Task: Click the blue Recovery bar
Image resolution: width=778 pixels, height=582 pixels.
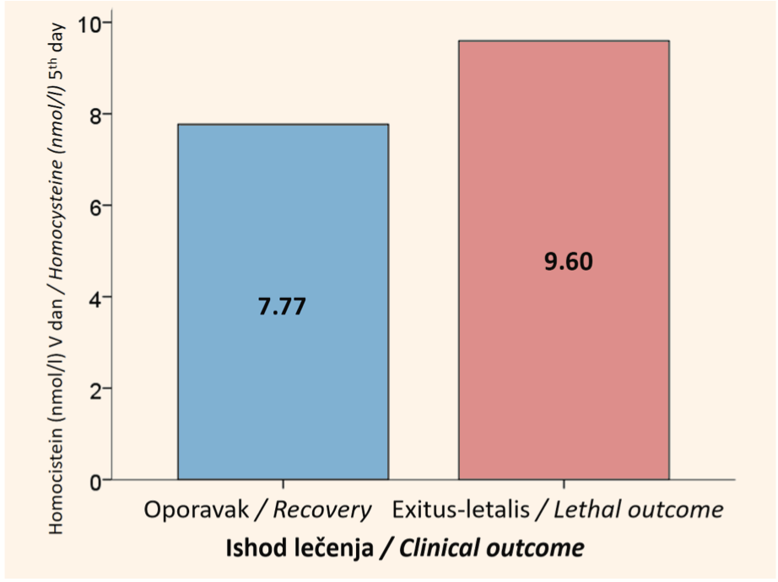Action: (x=283, y=302)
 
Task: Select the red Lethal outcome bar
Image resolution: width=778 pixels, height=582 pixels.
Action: (x=564, y=260)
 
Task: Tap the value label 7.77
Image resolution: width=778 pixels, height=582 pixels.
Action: (x=282, y=306)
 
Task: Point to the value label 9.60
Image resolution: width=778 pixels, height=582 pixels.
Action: (x=568, y=261)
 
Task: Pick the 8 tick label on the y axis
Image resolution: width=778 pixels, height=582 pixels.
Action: (x=95, y=115)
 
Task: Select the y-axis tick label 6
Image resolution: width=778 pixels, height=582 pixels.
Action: (x=95, y=206)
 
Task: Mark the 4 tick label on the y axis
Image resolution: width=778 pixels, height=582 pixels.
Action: (x=95, y=298)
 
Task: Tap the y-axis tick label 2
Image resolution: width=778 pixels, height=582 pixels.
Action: (x=95, y=389)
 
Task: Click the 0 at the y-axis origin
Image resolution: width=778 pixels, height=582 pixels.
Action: (x=95, y=481)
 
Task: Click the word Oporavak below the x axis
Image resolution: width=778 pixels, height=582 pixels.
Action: (x=196, y=510)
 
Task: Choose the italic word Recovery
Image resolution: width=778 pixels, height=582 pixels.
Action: (x=322, y=510)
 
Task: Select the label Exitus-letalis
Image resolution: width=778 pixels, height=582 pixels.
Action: (x=461, y=509)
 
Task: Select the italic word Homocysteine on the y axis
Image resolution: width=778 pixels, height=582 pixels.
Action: (x=56, y=217)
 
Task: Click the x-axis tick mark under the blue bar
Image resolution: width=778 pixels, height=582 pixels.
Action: (x=283, y=484)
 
